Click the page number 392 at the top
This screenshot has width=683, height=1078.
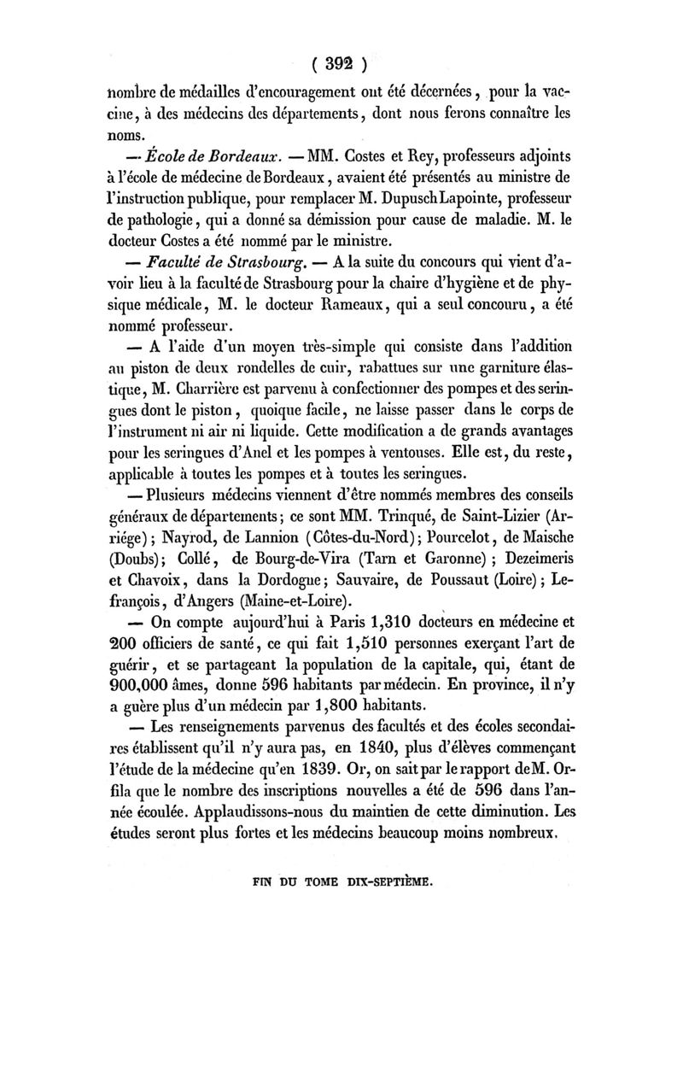tap(341, 63)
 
